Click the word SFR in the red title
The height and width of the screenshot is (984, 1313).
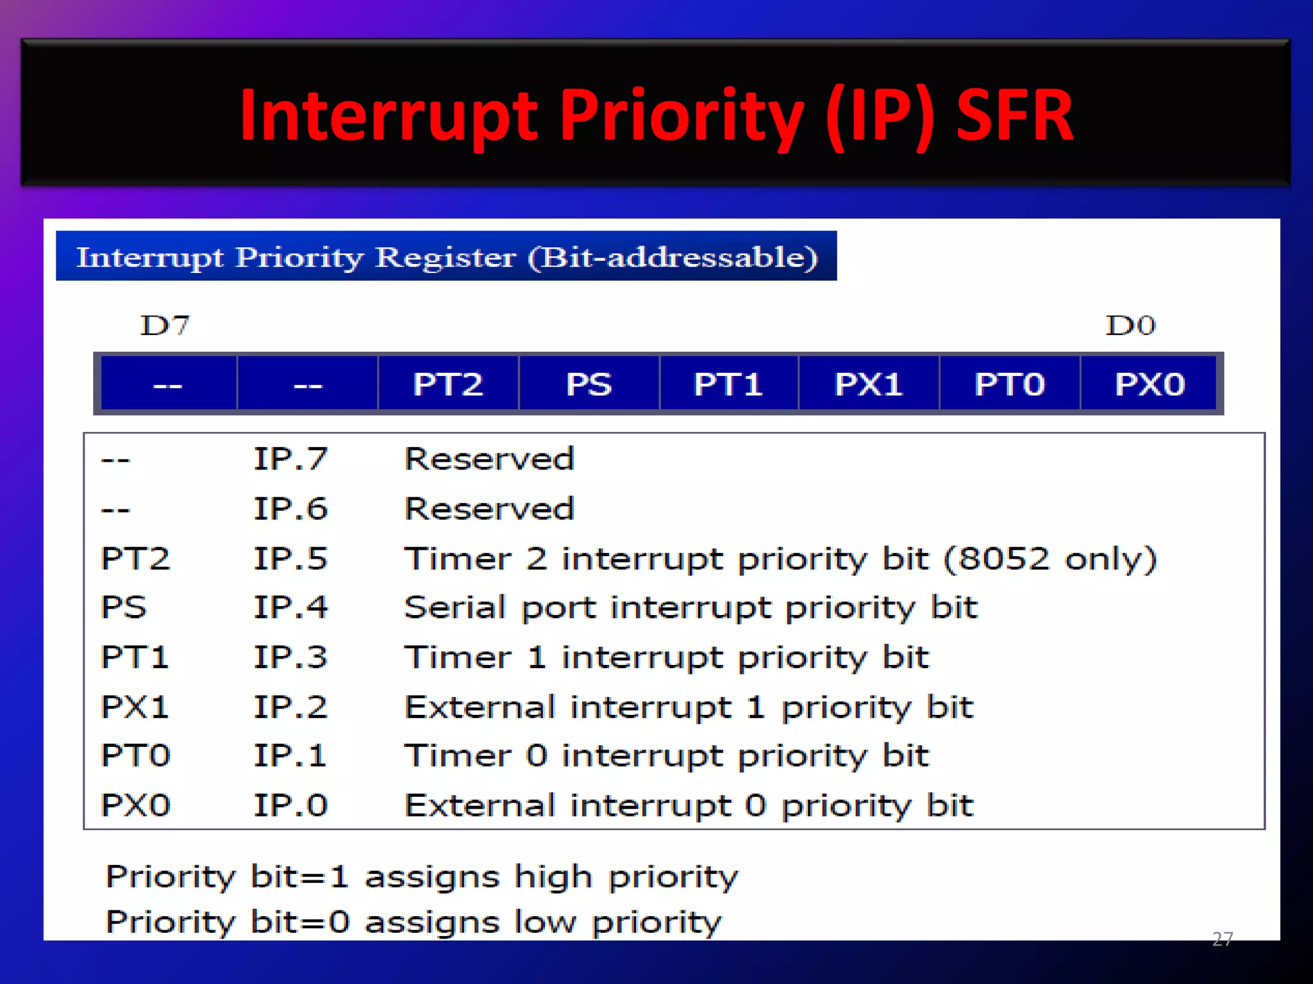point(1014,115)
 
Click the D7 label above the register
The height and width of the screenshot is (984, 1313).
point(165,325)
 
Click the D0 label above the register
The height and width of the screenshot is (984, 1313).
point(1130,325)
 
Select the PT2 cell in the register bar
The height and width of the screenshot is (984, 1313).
point(447,384)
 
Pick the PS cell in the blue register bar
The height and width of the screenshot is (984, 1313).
point(589,384)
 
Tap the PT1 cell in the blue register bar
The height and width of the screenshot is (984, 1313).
point(728,384)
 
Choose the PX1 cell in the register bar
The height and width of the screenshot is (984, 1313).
point(869,384)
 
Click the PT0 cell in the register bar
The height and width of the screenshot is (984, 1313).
point(1010,384)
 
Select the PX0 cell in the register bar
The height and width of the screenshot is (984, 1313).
point(1150,384)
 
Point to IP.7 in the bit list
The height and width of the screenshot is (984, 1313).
point(290,459)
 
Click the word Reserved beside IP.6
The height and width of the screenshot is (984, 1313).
point(489,509)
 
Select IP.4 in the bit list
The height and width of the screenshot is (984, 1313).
point(290,607)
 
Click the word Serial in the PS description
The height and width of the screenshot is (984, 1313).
point(455,607)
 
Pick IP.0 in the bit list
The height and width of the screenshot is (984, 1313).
point(290,805)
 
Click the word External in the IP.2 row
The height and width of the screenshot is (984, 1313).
point(480,707)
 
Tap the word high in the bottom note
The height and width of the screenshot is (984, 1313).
point(553,877)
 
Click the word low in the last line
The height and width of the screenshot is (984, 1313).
point(544,922)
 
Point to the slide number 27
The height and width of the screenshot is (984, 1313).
point(1222,939)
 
